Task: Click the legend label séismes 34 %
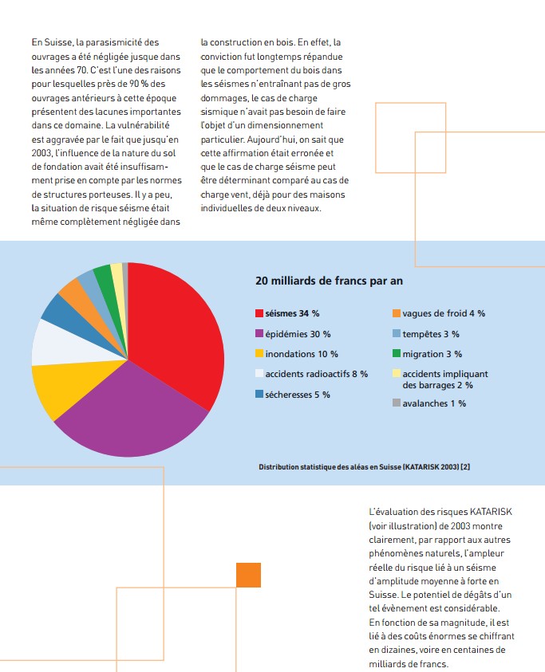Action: [292, 313]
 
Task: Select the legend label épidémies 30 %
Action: [298, 334]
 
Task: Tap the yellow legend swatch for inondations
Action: [259, 353]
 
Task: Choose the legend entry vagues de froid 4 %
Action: [444, 313]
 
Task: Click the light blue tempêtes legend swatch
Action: [397, 333]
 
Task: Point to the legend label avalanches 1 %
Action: [434, 403]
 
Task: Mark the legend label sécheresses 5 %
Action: [298, 395]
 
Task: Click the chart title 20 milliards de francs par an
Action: [329, 281]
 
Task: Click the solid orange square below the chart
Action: [248, 575]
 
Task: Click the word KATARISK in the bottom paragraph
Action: [491, 512]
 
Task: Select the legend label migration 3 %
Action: [432, 354]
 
